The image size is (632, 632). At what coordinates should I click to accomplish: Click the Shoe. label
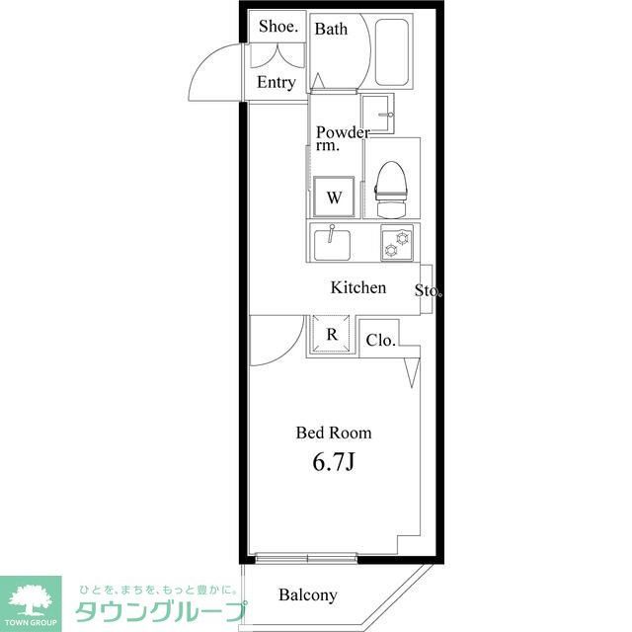click(x=276, y=27)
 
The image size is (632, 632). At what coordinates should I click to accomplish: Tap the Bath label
click(x=331, y=29)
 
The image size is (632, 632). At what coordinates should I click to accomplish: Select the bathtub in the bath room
click(x=392, y=52)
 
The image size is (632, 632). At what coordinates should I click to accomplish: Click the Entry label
click(x=276, y=83)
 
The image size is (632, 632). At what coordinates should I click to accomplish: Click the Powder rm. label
click(x=342, y=139)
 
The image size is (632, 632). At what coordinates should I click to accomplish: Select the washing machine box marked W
click(x=334, y=197)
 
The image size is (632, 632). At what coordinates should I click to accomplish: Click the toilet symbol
click(x=392, y=188)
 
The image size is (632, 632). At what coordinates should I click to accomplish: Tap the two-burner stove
click(x=398, y=243)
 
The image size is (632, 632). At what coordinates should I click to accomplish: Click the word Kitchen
click(x=357, y=288)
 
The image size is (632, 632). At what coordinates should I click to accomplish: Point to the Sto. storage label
click(x=428, y=291)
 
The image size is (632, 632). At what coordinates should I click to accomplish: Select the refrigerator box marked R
click(x=332, y=335)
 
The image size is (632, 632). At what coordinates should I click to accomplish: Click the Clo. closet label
click(x=380, y=341)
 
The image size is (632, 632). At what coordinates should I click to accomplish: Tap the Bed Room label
click(x=334, y=433)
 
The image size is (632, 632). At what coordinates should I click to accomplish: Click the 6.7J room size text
click(x=334, y=463)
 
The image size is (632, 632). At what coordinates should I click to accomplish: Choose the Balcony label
click(x=307, y=595)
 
